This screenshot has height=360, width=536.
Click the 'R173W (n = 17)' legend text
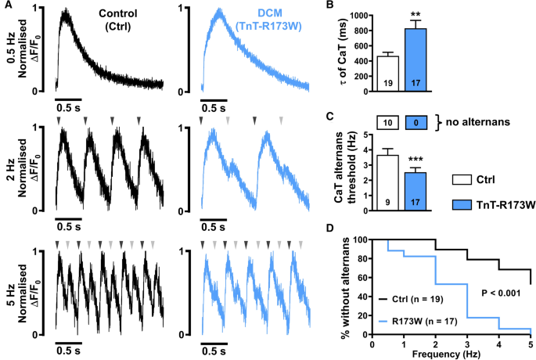pos(419,321)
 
